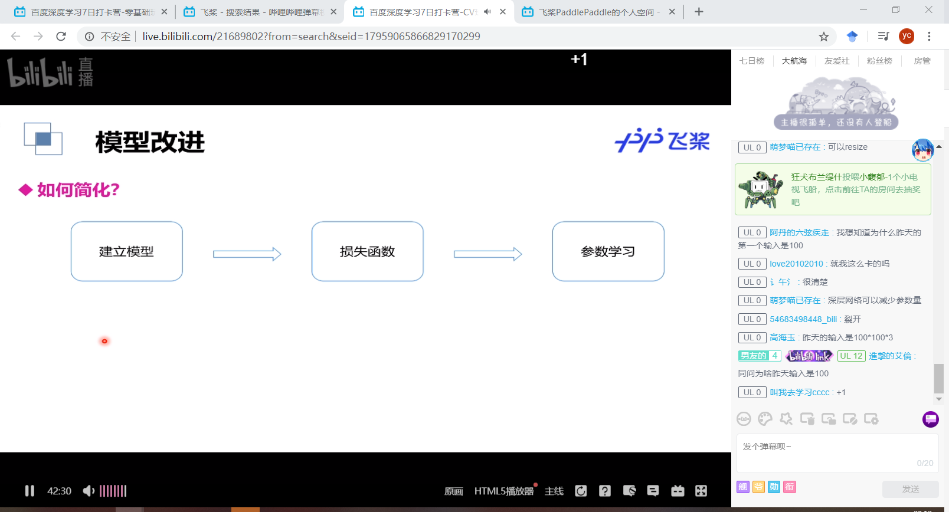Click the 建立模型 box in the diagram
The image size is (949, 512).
pos(126,251)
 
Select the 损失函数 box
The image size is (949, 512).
pos(367,251)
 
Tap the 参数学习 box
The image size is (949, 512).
pos(608,251)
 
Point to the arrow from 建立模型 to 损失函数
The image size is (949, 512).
pos(247,254)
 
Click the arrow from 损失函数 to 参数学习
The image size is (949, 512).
pos(487,254)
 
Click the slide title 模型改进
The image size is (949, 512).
pos(150,142)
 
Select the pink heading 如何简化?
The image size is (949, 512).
pos(78,190)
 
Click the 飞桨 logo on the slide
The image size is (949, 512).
pos(662,140)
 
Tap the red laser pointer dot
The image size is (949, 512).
pos(104,341)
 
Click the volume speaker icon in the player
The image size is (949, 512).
pos(89,491)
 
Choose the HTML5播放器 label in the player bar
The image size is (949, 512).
pos(503,491)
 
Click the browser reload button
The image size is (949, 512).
pos(61,37)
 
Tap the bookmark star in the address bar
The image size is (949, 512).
pos(824,37)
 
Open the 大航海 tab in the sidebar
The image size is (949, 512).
pos(794,61)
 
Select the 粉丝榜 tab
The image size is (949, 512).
pos(879,61)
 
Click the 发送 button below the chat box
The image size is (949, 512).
pos(910,489)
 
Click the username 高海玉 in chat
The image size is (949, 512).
pos(782,337)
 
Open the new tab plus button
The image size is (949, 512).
pos(699,12)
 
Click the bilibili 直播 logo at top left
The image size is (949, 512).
pos(50,72)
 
